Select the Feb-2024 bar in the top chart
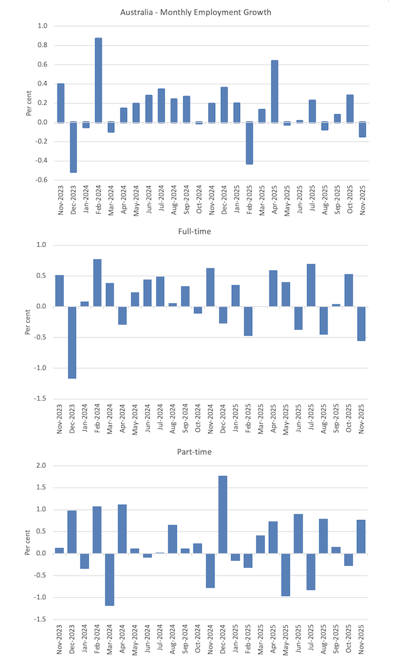[98, 80]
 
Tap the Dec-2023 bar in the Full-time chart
[72, 342]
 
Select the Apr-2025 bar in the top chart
[275, 91]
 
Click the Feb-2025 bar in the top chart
[250, 143]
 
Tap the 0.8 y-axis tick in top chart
[42, 45]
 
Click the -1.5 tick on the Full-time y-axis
[41, 399]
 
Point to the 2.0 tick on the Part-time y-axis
[41, 466]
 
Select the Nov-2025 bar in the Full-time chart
[361, 324]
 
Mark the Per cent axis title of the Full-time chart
[27, 321]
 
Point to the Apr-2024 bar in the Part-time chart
[123, 529]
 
